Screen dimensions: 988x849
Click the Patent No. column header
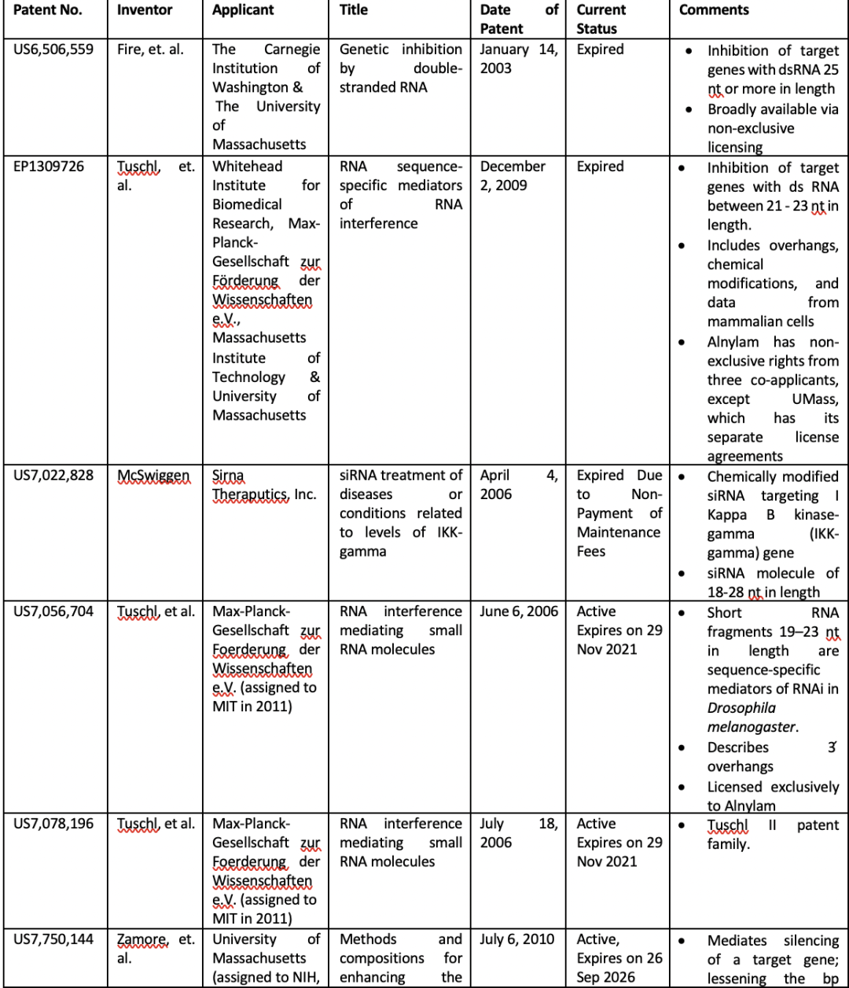(48, 10)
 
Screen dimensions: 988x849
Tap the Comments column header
(714, 10)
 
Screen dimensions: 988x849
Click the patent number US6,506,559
(53, 50)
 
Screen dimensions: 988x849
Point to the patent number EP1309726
(49, 167)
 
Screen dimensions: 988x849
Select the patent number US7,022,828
(53, 476)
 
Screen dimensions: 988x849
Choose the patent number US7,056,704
(53, 612)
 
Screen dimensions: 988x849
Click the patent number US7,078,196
(53, 824)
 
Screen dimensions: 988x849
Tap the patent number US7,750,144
(53, 939)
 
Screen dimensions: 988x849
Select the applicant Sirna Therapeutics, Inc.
(264, 485)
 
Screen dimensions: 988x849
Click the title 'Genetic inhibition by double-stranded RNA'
(400, 68)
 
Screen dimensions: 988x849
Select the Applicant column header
(243, 10)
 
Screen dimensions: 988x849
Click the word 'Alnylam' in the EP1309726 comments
(737, 342)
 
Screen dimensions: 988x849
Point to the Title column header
(354, 10)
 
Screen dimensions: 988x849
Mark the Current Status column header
(601, 20)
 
